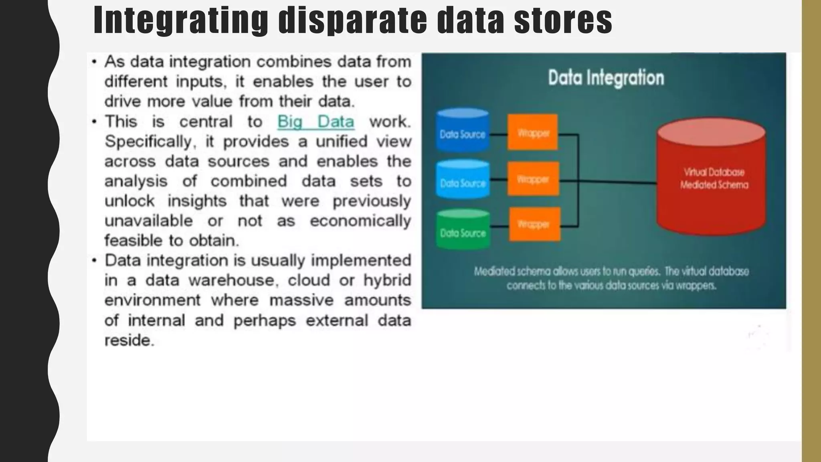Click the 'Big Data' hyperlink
315,122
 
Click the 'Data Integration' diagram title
606,78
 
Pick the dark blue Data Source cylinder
463,131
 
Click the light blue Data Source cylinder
463,180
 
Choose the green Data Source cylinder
463,230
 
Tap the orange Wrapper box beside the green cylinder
534,224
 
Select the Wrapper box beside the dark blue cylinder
532,132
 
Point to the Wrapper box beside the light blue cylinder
533,179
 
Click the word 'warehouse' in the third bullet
233,280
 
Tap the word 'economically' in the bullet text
360,221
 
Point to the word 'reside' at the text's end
129,340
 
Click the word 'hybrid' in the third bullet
387,280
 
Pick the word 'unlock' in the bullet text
129,201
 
